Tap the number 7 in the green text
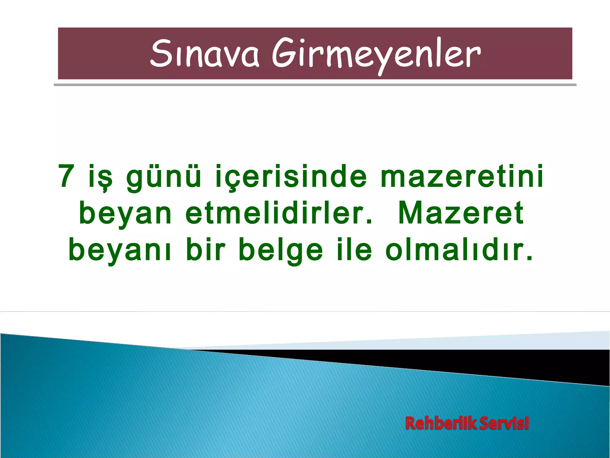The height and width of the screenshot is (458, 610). coord(66,177)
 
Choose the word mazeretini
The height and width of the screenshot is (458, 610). coord(462,177)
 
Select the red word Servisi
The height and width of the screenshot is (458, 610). coord(504,423)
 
